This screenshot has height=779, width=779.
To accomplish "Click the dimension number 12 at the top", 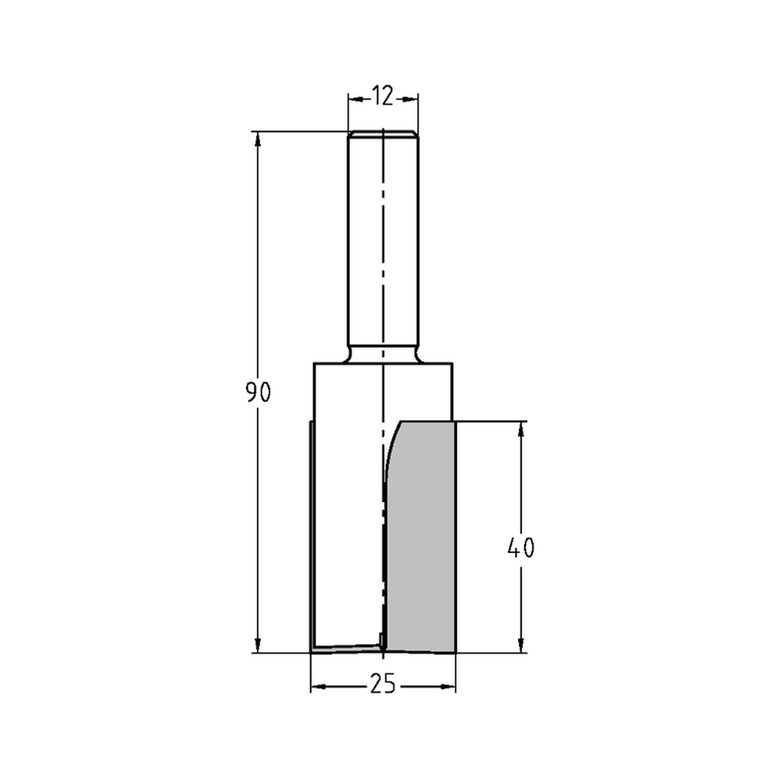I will tap(382, 96).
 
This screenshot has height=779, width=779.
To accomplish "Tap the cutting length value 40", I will tap(520, 548).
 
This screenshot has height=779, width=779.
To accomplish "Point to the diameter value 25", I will tap(382, 685).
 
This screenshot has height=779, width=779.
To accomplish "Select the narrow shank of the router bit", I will tap(382, 241).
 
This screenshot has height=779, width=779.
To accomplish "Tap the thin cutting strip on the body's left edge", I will tap(312, 538).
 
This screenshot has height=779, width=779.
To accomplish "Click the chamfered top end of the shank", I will tap(382, 133).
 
